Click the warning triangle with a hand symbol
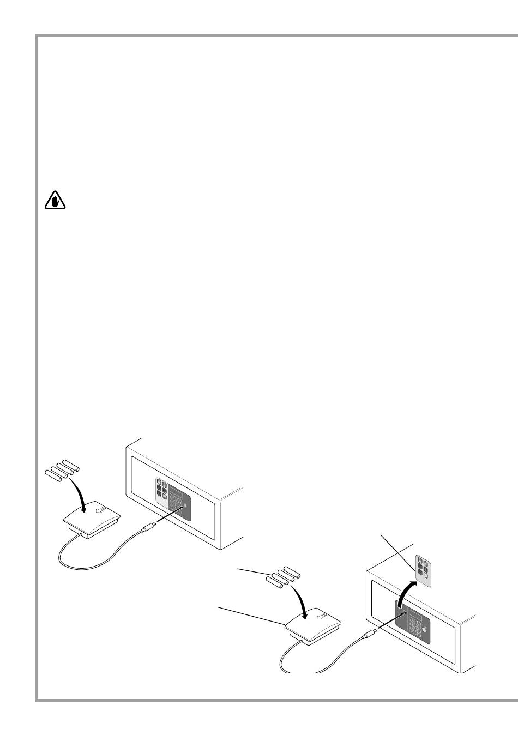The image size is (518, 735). point(55,201)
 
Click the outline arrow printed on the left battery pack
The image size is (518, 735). point(99,510)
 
